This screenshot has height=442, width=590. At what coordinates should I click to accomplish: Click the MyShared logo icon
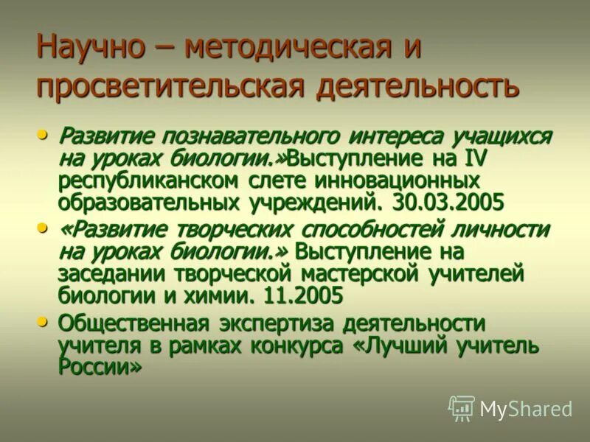[x=462, y=408]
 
